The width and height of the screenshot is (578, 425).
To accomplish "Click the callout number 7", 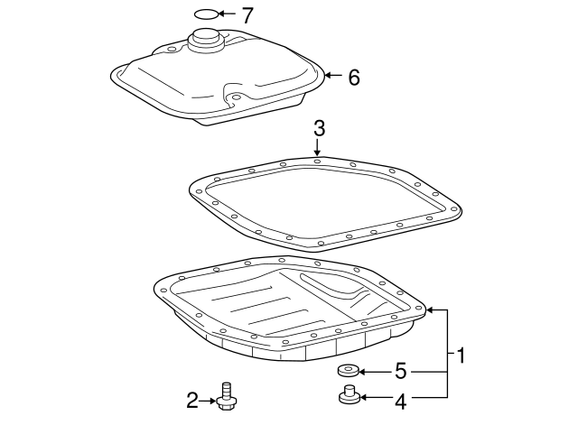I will (x=247, y=14).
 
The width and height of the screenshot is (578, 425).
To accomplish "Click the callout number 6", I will (x=353, y=78).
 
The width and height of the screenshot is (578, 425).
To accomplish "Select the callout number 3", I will (x=318, y=129).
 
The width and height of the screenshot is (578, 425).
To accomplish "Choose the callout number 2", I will (x=191, y=398).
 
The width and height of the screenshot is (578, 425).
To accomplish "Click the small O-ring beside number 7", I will (x=207, y=14).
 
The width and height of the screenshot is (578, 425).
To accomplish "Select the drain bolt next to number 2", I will (x=228, y=396).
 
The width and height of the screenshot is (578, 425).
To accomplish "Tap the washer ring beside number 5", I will (x=348, y=370).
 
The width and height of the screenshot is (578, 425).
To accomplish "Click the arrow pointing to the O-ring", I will (x=227, y=14).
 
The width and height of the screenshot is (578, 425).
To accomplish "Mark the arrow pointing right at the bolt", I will (x=208, y=398).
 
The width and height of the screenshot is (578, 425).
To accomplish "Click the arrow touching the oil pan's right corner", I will (x=434, y=310).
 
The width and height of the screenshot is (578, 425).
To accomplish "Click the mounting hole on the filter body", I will (x=235, y=97).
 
